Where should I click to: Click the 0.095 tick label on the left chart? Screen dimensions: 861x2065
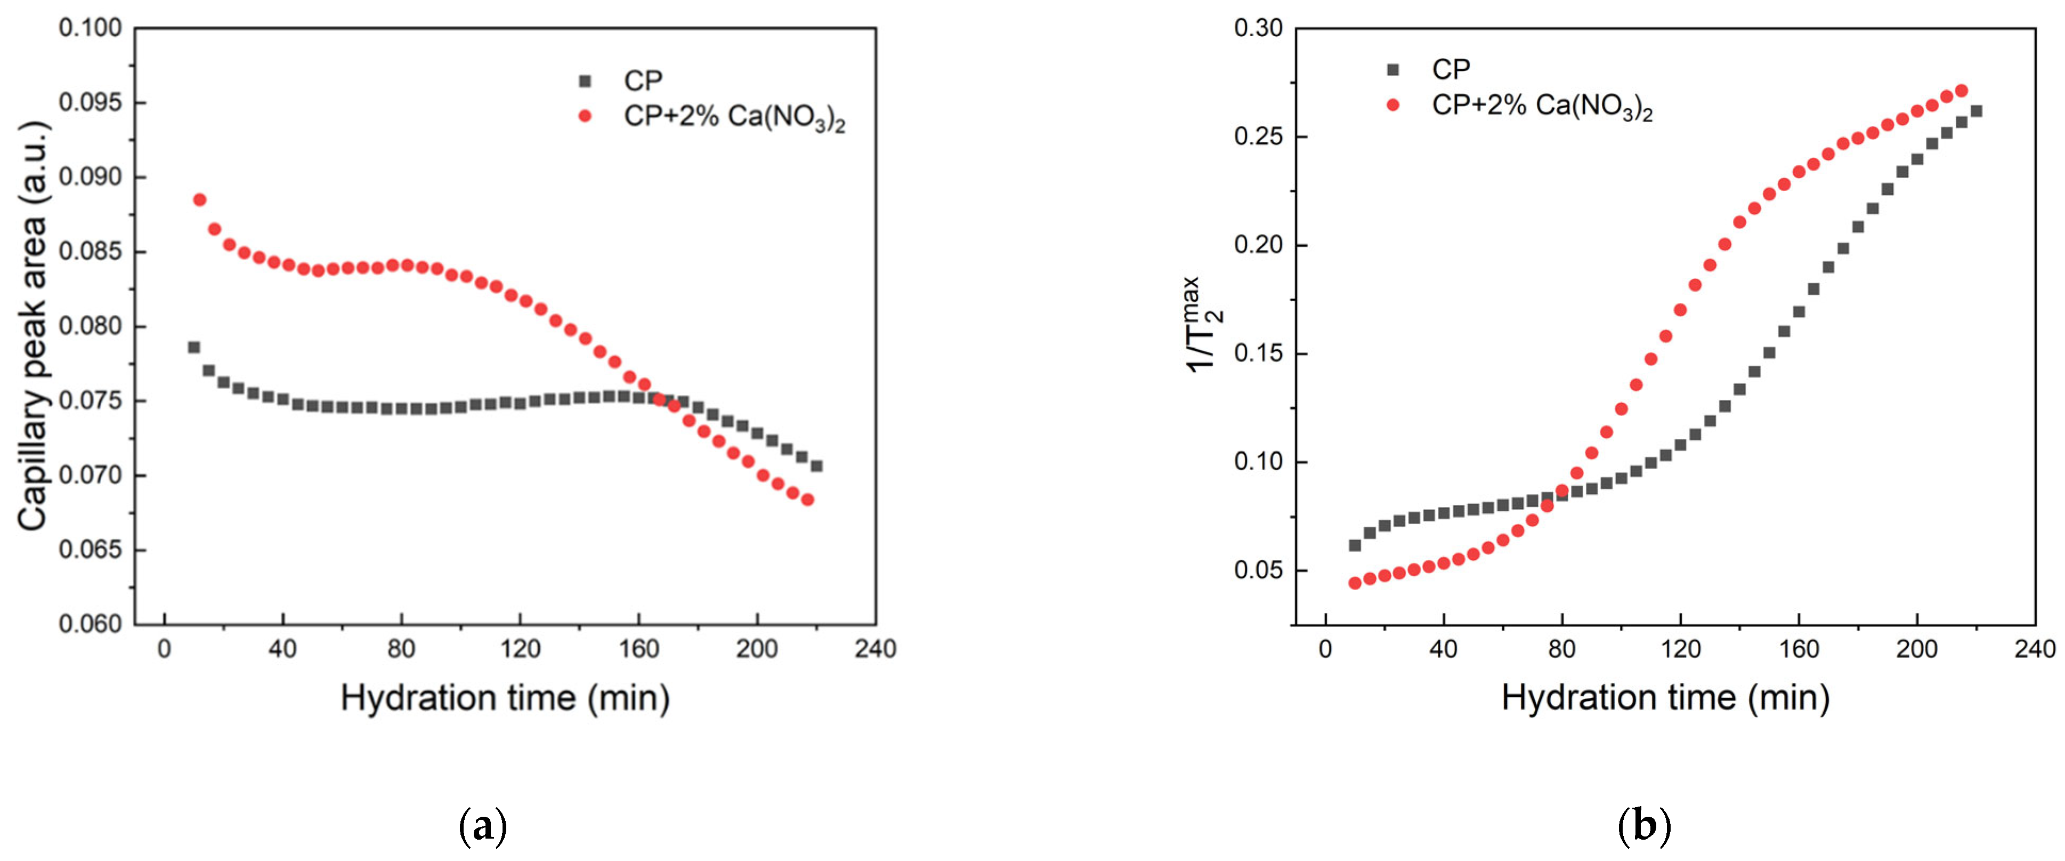[x=90, y=102]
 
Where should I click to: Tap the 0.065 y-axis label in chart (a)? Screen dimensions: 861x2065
[x=90, y=550]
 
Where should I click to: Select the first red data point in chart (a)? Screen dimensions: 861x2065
[x=200, y=199]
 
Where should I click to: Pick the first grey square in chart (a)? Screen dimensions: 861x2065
[x=194, y=347]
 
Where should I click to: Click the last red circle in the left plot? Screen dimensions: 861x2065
[x=807, y=500]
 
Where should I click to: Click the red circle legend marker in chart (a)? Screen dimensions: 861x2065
[x=585, y=116]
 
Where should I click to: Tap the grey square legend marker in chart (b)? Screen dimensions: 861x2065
[x=1392, y=70]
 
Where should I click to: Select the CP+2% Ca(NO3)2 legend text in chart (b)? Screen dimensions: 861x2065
[x=1542, y=106]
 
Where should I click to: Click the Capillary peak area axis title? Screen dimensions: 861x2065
[x=33, y=326]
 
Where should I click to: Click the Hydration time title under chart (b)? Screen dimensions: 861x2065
[x=1665, y=697]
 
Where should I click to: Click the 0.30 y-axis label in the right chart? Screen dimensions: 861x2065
[x=1259, y=28]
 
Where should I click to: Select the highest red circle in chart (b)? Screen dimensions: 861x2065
[x=1961, y=91]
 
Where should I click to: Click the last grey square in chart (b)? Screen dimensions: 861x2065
[x=1976, y=111]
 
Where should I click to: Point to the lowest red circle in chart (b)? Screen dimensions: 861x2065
[x=1355, y=583]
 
